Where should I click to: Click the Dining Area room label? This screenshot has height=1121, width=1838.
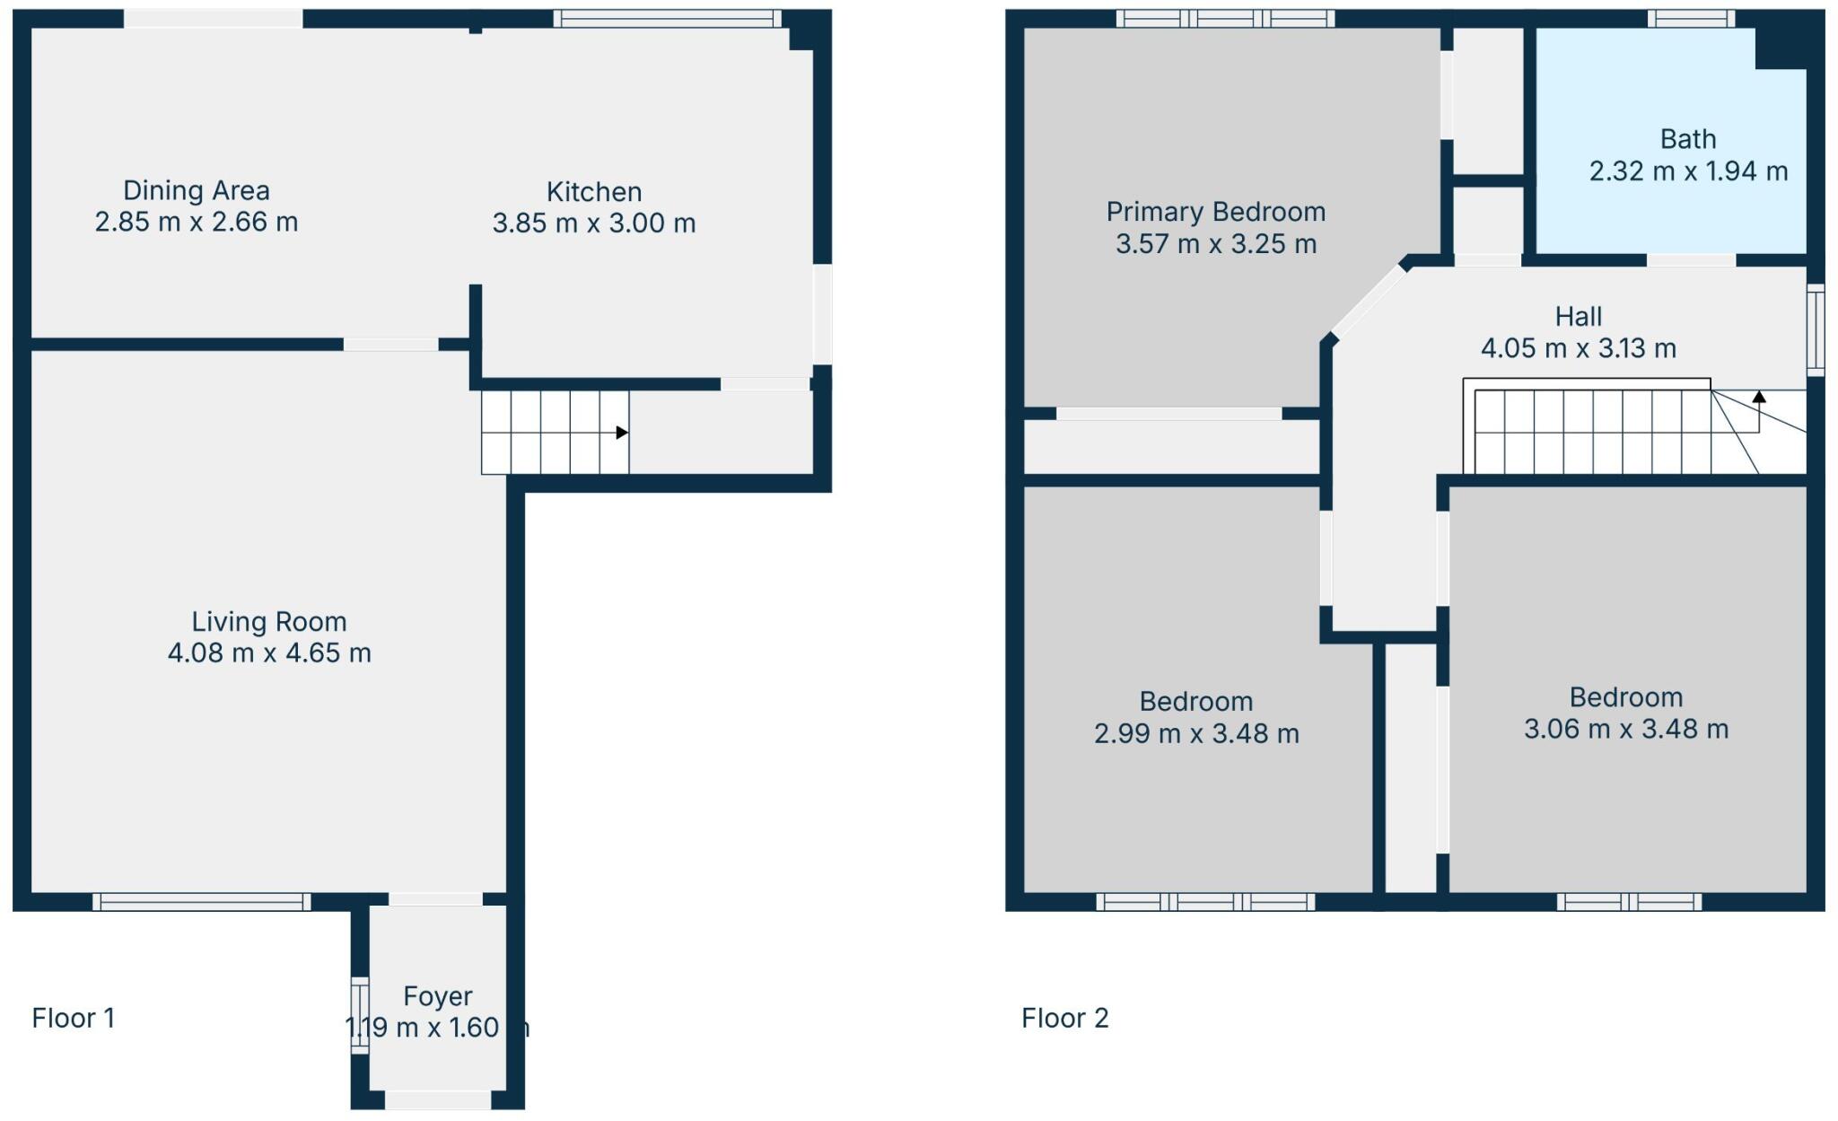[196, 190]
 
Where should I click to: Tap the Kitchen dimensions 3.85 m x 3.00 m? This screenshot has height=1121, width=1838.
[593, 223]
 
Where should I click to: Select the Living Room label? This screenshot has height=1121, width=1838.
[268, 622]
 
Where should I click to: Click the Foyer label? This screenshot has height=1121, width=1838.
[437, 996]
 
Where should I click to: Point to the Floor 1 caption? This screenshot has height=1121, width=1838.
[73, 1018]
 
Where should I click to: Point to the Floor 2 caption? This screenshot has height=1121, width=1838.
[1064, 1018]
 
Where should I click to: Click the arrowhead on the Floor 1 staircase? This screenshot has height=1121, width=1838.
[621, 433]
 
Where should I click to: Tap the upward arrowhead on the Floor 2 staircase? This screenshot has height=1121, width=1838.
[1759, 397]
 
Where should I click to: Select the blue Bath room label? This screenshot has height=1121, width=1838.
[1687, 139]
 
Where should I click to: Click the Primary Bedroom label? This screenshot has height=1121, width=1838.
[1215, 212]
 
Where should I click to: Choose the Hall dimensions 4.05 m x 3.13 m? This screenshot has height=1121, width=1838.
[1578, 348]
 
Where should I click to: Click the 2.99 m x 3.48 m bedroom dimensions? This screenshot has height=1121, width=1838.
[1196, 734]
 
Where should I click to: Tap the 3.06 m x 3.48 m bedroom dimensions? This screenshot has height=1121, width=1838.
[1625, 730]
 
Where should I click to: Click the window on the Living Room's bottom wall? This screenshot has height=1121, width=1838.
[201, 902]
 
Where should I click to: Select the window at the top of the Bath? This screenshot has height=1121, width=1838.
[1691, 18]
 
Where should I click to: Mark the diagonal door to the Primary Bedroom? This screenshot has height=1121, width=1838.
[1369, 300]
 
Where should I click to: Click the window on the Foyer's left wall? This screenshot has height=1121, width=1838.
[359, 1015]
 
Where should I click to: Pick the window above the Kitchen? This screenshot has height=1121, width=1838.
[667, 18]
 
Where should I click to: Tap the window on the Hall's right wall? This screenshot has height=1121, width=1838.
[1816, 329]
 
